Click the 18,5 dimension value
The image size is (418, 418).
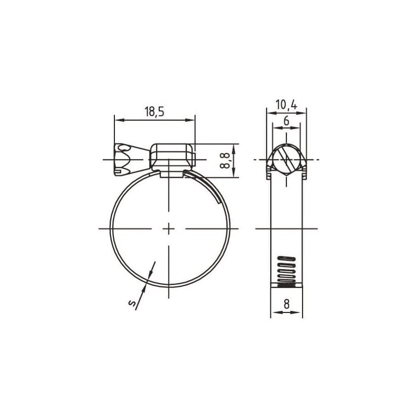point(154,111)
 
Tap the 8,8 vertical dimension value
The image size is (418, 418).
point(225,160)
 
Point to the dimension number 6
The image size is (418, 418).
point(286,121)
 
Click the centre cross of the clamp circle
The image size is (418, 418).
point(170,228)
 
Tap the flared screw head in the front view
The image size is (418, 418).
point(124,158)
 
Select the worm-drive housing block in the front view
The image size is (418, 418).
point(172,157)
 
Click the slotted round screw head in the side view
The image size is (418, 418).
point(286,158)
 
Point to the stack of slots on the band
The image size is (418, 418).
point(286,271)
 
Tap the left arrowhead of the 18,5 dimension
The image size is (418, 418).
point(118,120)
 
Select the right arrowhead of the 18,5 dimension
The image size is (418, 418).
point(191,120)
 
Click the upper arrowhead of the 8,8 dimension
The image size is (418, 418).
point(234,147)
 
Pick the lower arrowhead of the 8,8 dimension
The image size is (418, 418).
point(234,174)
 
